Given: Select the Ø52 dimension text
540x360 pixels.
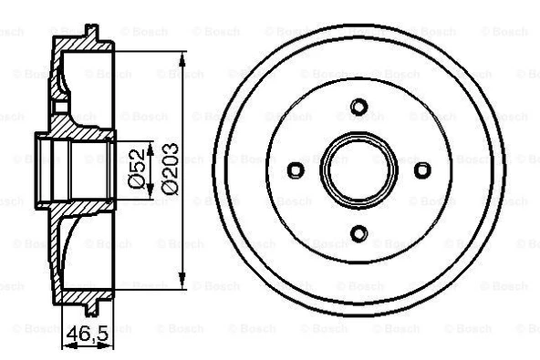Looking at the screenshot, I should pyautogui.click(x=136, y=170).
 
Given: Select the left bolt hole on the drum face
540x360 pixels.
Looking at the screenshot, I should pyautogui.click(x=295, y=170).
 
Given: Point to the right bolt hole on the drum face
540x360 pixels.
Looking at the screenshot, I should pyautogui.click(x=422, y=170).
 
